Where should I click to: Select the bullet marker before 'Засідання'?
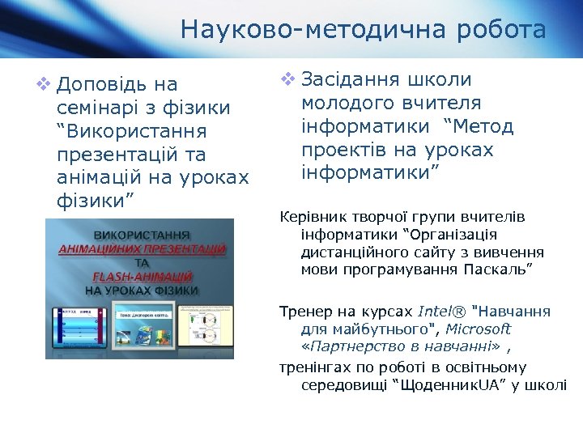click(x=287, y=79)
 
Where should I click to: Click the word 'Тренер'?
click(x=304, y=312)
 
